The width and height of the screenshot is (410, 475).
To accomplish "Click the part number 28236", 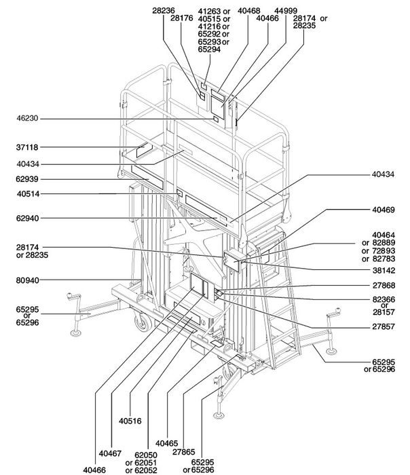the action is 164,11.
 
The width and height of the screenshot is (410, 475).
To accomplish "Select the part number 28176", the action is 181,18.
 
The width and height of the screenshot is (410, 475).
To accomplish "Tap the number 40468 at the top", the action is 249,11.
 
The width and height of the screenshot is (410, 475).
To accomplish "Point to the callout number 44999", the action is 286,11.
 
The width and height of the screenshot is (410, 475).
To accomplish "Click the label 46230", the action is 28,118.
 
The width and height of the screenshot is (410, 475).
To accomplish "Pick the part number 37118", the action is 28,147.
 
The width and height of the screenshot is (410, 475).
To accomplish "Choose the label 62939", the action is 28,179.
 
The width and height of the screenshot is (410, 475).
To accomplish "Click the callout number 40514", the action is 29,194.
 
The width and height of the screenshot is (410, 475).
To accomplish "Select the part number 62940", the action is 28,218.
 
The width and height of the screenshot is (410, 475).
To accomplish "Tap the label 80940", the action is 28,280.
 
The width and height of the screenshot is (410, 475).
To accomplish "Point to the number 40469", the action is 384,210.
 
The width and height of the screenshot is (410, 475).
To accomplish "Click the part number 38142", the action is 384,270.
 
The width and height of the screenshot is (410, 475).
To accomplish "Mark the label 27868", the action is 384,286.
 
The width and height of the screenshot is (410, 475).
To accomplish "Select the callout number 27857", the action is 384,326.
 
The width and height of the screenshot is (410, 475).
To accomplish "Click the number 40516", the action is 130,421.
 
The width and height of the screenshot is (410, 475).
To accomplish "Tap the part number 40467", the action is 110,453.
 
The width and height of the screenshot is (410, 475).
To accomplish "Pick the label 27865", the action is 184,452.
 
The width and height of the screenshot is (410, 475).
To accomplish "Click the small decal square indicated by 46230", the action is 216,119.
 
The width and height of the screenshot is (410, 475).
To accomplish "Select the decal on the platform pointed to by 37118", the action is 144,150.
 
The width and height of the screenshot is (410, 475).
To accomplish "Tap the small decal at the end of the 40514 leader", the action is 180,193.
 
